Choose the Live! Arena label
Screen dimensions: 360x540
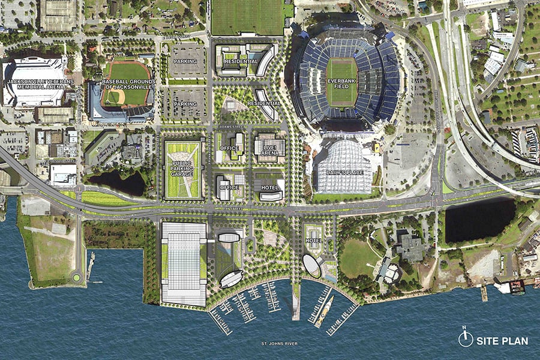(269, 148)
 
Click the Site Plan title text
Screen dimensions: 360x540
(502, 341)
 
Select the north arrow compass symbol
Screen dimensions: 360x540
(465, 338)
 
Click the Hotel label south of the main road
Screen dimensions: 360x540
(314, 241)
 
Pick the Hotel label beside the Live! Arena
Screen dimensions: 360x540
(269, 187)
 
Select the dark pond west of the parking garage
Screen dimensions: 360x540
(118, 182)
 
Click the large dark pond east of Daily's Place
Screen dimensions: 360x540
(479, 218)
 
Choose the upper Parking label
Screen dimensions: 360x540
(185, 62)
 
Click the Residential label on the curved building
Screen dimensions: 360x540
(263, 103)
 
